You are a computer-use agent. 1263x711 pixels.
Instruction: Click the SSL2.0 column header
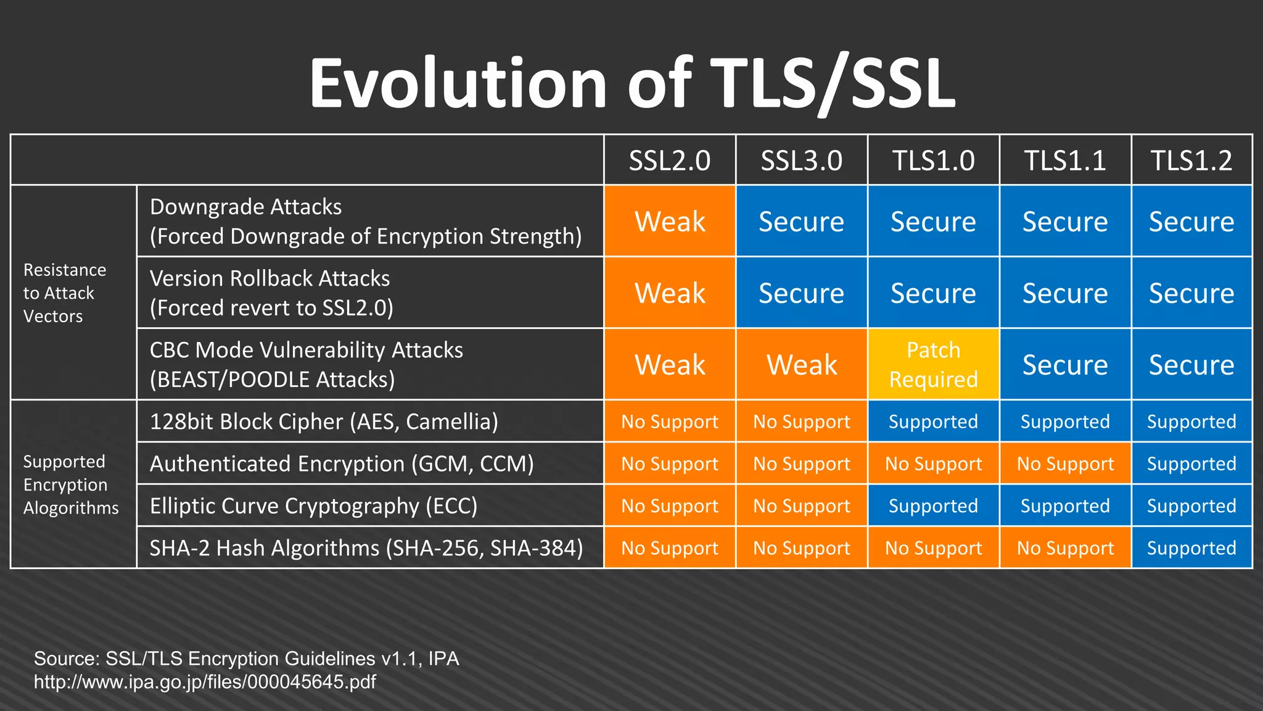click(x=669, y=160)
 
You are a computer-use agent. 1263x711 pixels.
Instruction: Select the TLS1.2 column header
click(x=1191, y=160)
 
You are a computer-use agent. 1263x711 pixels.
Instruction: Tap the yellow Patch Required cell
click(x=933, y=364)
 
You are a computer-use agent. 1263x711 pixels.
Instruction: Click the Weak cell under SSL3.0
click(x=801, y=364)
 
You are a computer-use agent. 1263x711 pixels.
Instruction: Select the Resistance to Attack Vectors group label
click(x=65, y=293)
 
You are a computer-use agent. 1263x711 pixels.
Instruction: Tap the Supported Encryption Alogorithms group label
click(x=70, y=484)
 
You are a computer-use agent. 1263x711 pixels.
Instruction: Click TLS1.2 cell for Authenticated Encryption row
click(x=1191, y=464)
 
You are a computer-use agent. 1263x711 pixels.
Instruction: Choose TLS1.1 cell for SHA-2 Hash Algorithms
click(x=1065, y=548)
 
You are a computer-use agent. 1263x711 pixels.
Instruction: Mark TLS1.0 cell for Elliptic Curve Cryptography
click(x=933, y=506)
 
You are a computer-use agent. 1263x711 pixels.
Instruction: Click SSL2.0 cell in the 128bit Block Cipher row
click(x=669, y=422)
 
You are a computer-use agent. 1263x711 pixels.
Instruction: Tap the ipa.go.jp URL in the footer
click(x=205, y=682)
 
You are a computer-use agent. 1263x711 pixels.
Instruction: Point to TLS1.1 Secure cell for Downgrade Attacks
click(x=1065, y=221)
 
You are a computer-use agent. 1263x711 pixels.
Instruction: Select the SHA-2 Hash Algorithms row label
click(x=366, y=548)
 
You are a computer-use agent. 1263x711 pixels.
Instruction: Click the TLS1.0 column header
click(x=933, y=160)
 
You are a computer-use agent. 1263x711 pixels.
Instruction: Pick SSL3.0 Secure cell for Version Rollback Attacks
click(x=801, y=293)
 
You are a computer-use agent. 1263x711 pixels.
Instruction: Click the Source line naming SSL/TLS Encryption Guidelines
click(x=247, y=659)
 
